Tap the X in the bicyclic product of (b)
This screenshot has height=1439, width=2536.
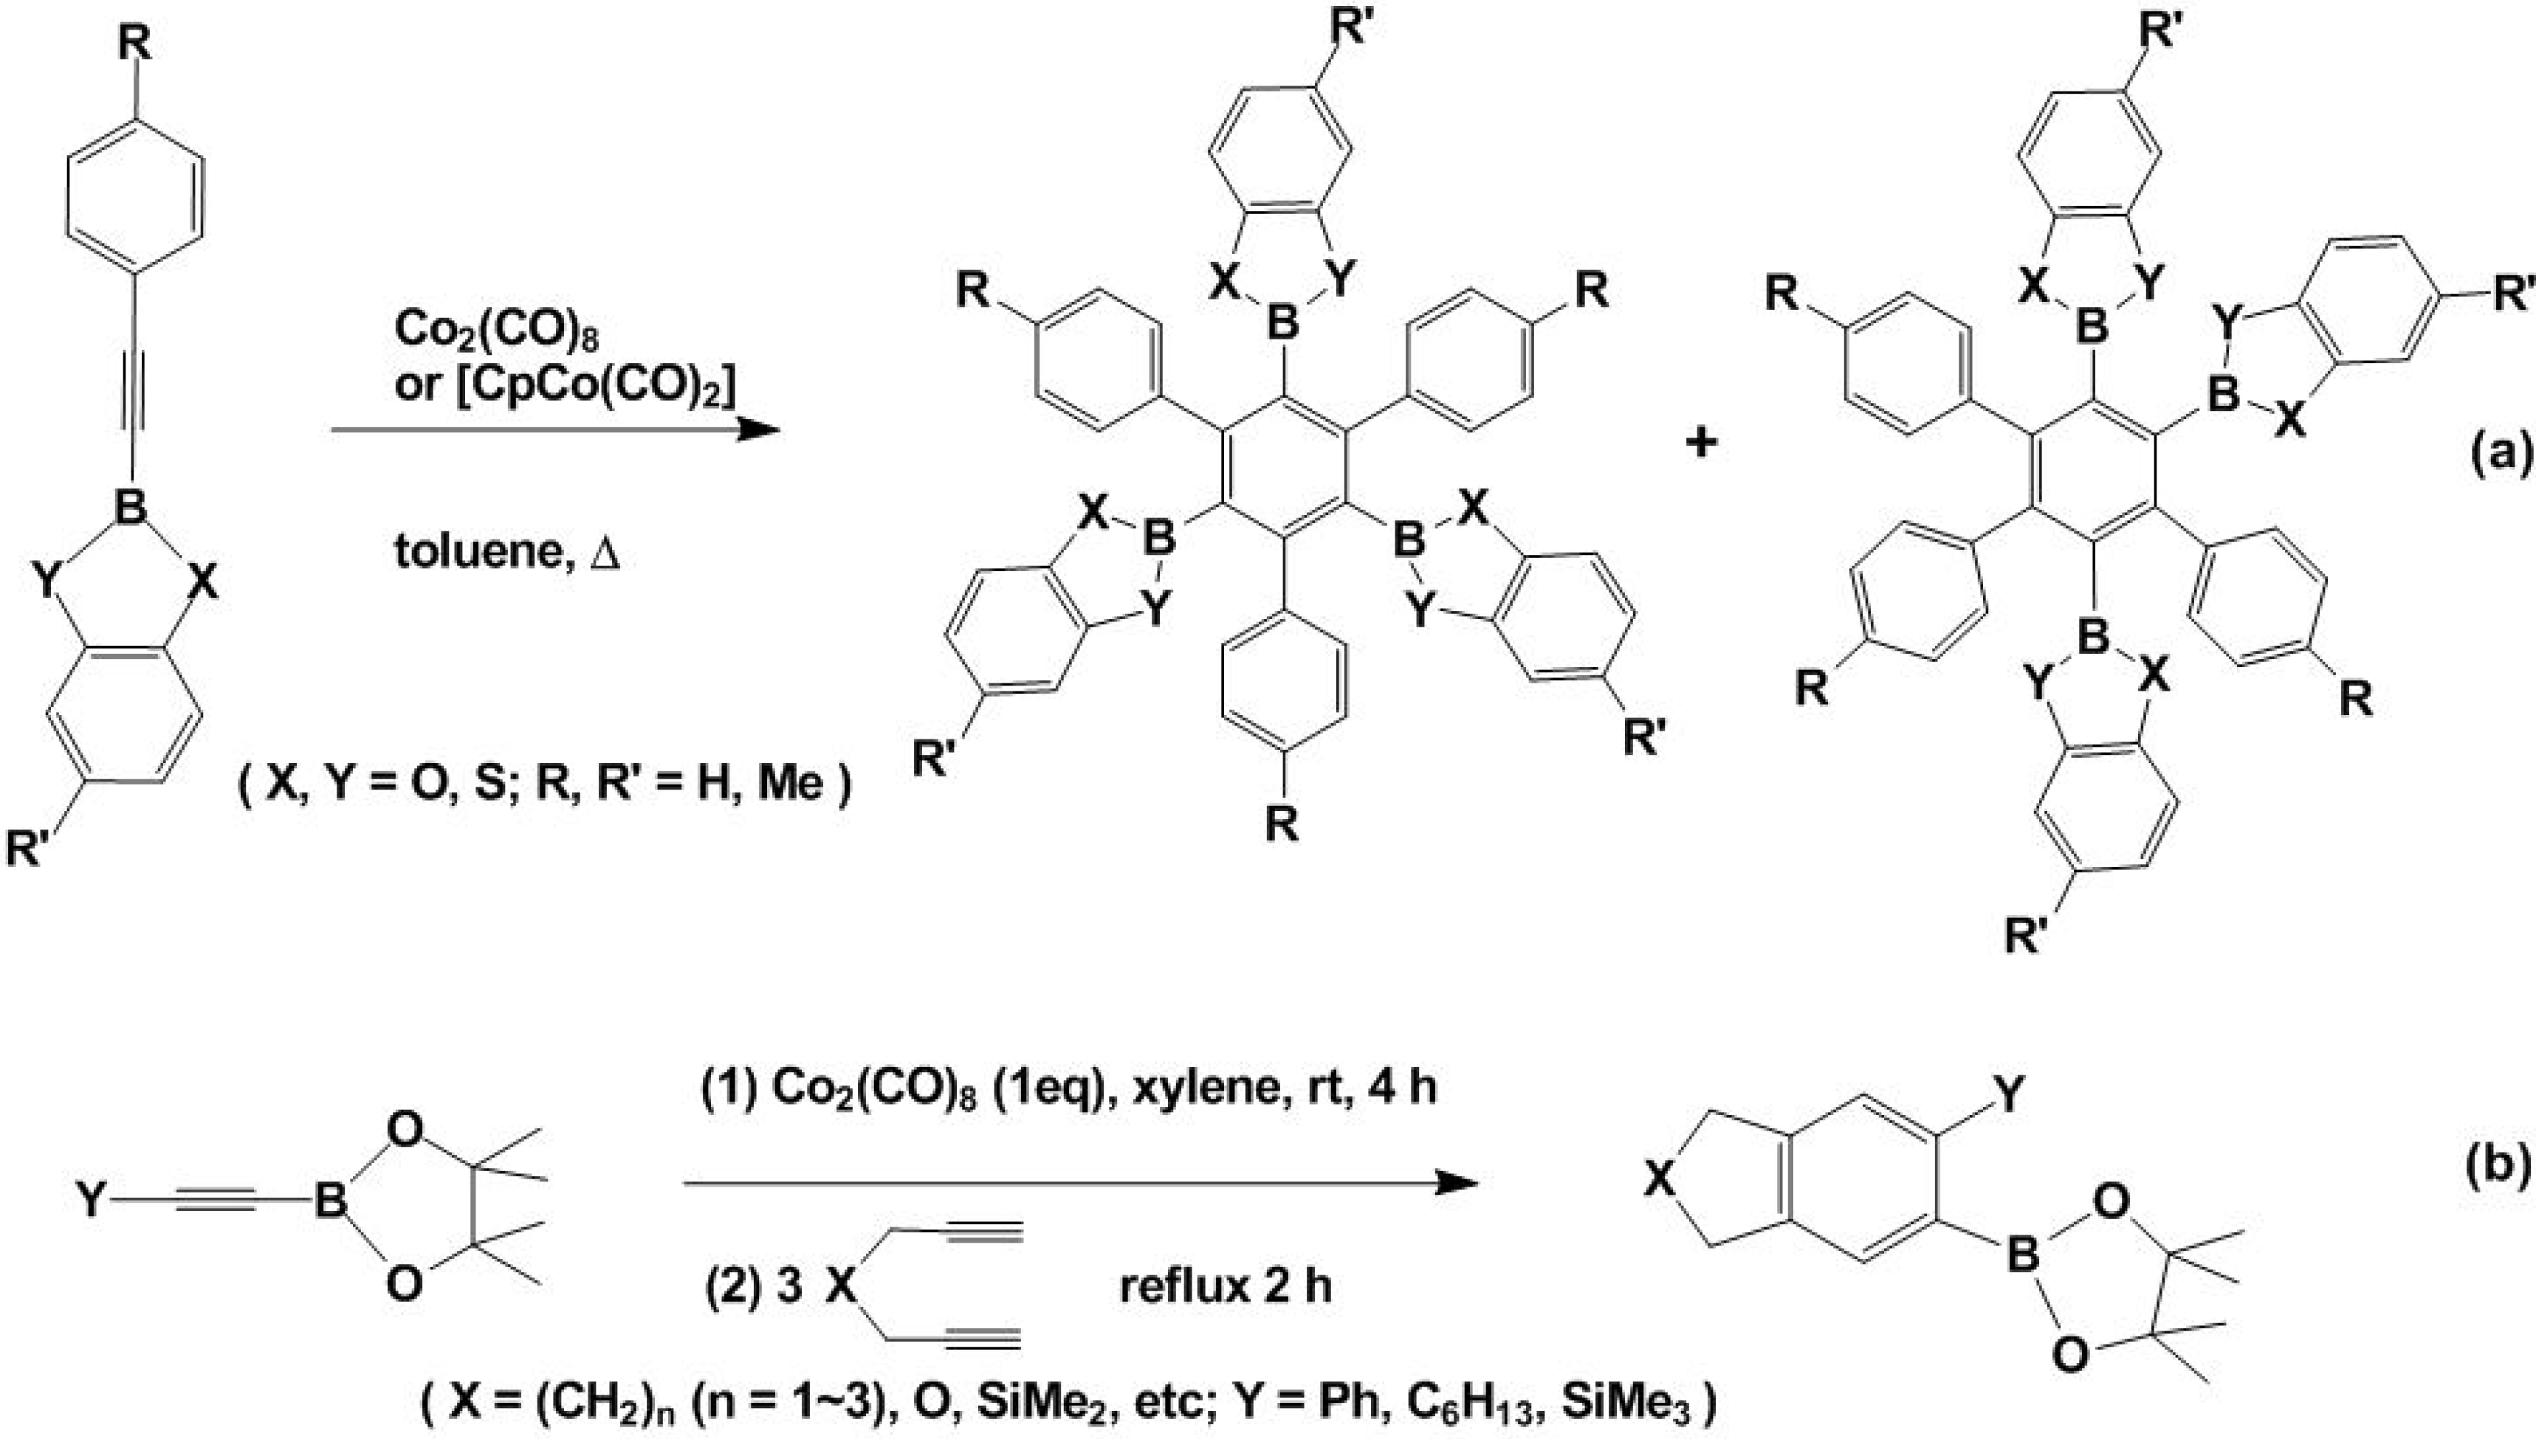click(1662, 1179)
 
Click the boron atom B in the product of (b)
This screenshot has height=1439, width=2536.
click(2023, 1256)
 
